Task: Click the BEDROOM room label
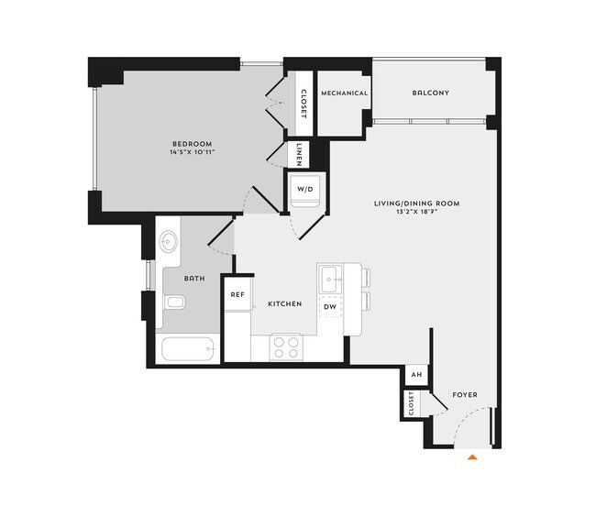192,144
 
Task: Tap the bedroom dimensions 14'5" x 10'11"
192,153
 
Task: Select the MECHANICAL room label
344,93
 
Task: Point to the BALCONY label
430,93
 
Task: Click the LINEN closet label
300,153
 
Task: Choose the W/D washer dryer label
304,190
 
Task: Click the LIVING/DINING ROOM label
416,203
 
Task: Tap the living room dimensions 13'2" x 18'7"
416,213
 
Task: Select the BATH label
193,278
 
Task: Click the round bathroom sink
170,243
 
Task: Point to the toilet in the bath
175,302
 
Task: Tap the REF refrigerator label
237,295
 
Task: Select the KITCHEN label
284,303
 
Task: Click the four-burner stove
287,346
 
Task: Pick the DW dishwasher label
329,306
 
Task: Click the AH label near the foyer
415,375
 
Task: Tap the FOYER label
465,395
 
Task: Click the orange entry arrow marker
473,455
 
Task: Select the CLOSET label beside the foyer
412,402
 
